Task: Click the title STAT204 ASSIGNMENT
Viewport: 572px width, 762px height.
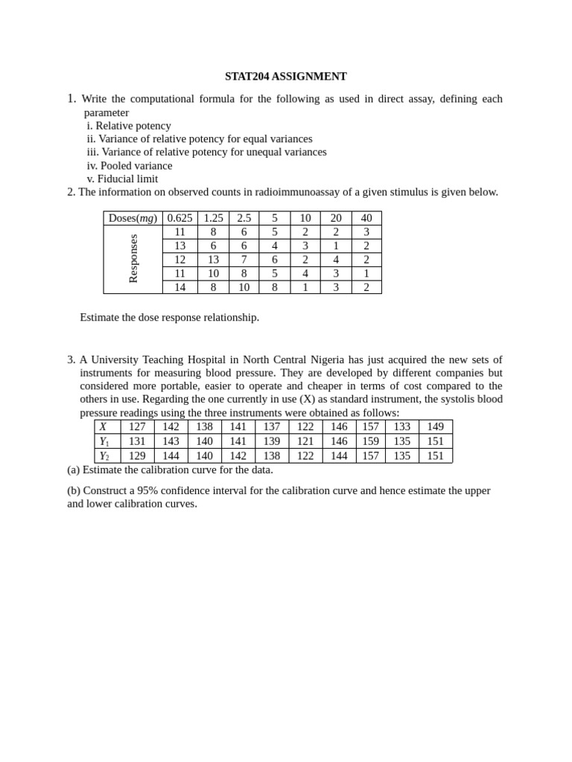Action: pyautogui.click(x=285, y=77)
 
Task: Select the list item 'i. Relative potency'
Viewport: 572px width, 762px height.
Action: pyautogui.click(x=129, y=126)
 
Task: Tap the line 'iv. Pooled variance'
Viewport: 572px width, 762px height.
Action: pyautogui.click(x=130, y=165)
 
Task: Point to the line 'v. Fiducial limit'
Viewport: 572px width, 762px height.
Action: pyautogui.click(x=122, y=179)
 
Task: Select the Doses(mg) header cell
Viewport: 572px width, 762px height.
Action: pyautogui.click(x=133, y=218)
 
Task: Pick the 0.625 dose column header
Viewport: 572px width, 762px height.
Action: pyautogui.click(x=179, y=218)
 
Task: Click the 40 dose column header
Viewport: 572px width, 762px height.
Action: pyautogui.click(x=366, y=218)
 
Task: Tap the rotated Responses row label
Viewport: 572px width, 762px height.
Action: pyautogui.click(x=133, y=259)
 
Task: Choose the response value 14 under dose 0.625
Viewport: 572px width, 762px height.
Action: pyautogui.click(x=179, y=287)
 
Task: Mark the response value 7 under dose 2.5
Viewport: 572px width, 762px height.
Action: pyautogui.click(x=244, y=260)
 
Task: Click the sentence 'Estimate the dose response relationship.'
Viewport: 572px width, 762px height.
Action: pyautogui.click(x=169, y=317)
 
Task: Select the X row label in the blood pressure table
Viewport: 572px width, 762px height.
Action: pyautogui.click(x=104, y=427)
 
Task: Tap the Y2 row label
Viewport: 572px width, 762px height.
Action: pyautogui.click(x=104, y=456)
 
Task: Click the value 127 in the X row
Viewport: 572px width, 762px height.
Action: pyautogui.click(x=137, y=427)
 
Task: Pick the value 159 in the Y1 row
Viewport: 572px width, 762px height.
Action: pyautogui.click(x=370, y=441)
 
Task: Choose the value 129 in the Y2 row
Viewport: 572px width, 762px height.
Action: pyautogui.click(x=137, y=456)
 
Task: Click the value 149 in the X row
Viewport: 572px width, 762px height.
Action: pyautogui.click(x=435, y=427)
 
